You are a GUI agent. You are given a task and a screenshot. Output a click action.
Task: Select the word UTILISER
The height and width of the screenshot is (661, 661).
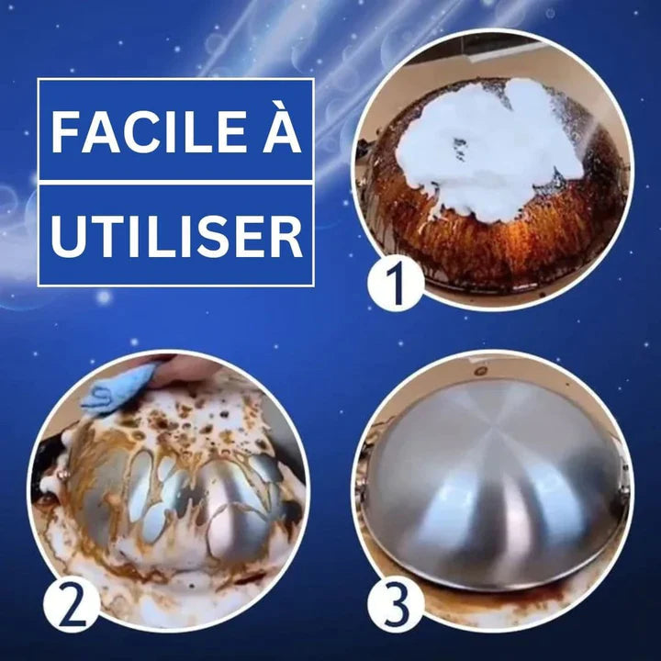176,236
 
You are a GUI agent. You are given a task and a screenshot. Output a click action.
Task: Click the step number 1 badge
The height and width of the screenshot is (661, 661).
396,284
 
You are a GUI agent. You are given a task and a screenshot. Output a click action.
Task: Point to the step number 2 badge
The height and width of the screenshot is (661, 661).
72,604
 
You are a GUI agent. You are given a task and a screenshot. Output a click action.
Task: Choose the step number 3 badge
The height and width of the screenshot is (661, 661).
396,604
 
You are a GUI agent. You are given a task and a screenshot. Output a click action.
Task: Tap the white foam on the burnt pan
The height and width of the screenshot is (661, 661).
489,148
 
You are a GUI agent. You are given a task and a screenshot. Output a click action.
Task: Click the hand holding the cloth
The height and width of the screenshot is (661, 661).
185,372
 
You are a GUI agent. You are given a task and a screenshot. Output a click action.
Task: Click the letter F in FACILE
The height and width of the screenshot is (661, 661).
66,131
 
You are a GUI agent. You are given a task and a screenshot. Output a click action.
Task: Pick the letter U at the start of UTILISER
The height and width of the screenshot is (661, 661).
67,237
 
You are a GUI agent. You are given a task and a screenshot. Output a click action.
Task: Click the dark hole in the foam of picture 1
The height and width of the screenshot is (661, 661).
460,149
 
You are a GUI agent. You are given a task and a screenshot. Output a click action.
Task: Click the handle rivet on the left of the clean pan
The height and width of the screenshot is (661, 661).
361,490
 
